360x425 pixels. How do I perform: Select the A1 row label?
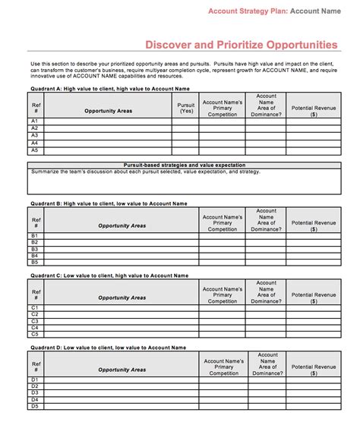34,121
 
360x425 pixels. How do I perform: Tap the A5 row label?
34,150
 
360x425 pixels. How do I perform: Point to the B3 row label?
34,249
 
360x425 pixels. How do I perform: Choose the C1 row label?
34,307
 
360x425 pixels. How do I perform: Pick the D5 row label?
34,406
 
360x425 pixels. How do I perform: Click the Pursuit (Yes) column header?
185,108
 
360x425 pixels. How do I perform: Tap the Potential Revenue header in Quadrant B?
314,223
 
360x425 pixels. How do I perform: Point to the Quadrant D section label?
108,348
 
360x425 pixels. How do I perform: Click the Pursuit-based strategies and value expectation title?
184,165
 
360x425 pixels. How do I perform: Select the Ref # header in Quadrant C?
36,294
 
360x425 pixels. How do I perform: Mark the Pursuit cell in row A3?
185,136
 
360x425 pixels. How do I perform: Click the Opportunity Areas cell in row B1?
122,236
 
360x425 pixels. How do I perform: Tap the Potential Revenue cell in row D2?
314,386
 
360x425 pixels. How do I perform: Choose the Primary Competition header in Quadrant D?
223,367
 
